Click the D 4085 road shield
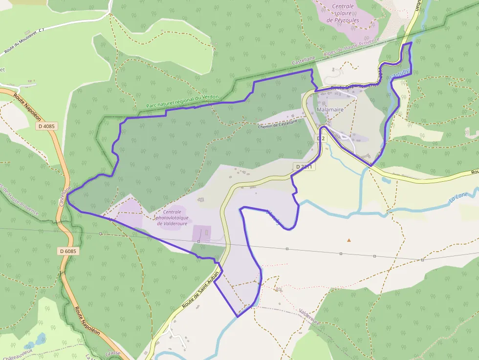point(47,126)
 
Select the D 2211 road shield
point(304,167)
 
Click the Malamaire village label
point(330,110)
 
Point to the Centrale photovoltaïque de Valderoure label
point(172,217)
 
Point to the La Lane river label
point(459,198)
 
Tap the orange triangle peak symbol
point(349,240)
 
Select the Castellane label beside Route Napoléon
point(65,195)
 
